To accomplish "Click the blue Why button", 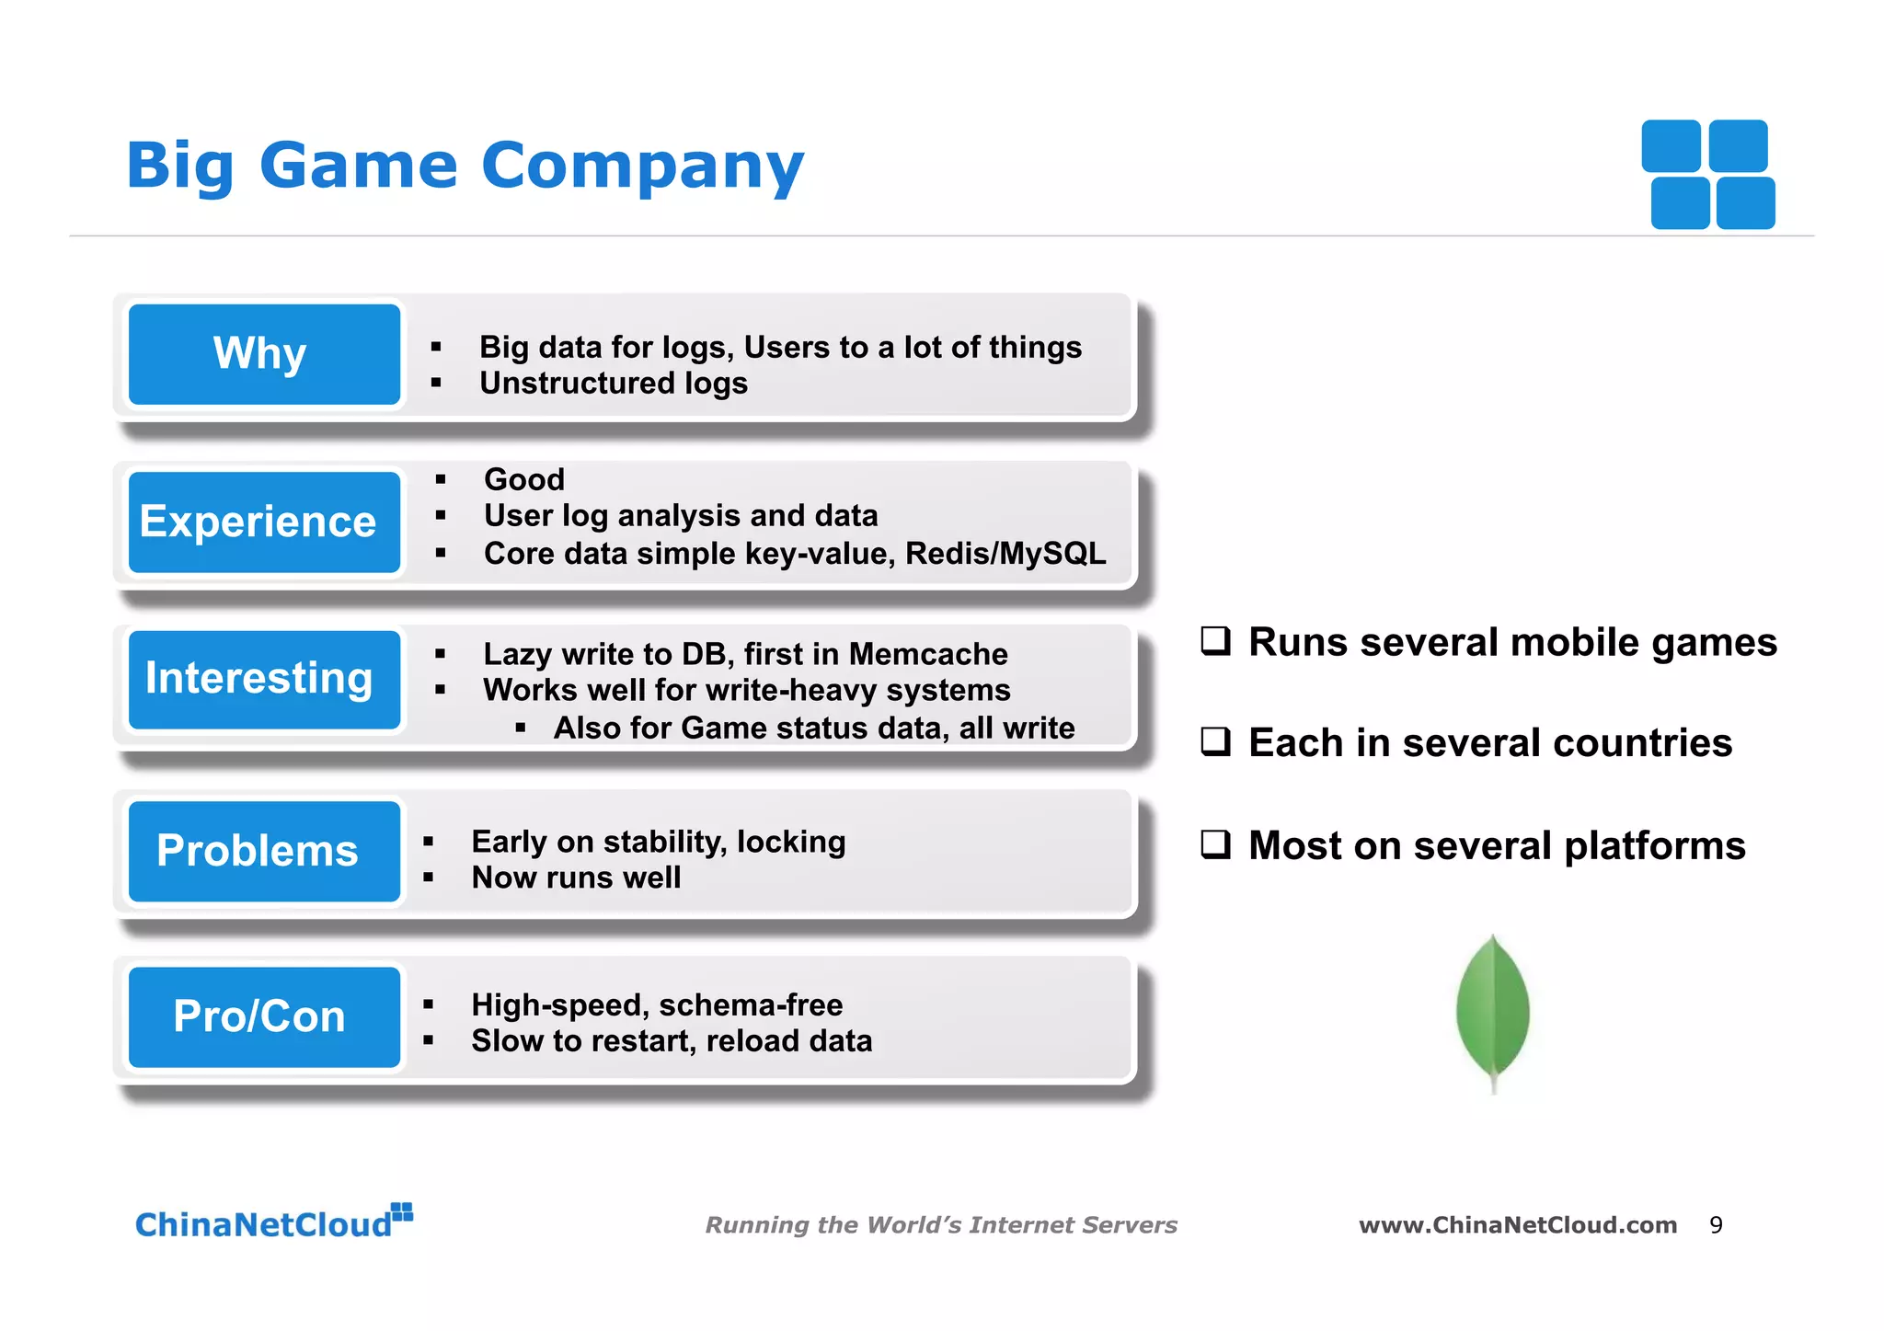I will click(x=264, y=354).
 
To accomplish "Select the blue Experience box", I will click(x=264, y=522).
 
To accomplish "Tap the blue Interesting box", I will click(x=264, y=679).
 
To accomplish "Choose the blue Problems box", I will click(x=264, y=851).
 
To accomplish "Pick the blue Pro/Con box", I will click(x=264, y=1016).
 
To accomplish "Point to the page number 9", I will click(x=1716, y=1225).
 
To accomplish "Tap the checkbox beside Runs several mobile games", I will click(x=1215, y=641).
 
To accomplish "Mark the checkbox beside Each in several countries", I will click(x=1215, y=741).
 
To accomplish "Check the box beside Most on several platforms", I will click(x=1215, y=843).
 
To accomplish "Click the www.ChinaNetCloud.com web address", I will click(x=1518, y=1225).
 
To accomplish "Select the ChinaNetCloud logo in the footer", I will click(x=273, y=1222).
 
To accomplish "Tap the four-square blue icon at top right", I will click(x=1708, y=174).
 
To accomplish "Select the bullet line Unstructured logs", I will click(x=613, y=384).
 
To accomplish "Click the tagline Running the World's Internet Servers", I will click(x=941, y=1225).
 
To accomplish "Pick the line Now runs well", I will click(x=576, y=878).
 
